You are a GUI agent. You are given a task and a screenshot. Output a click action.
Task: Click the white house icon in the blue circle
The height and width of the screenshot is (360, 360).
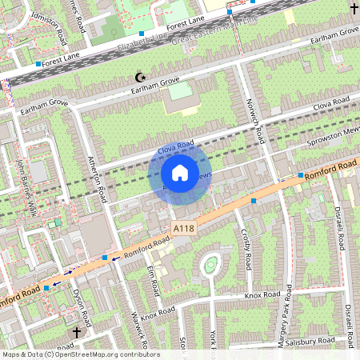[x=180, y=172]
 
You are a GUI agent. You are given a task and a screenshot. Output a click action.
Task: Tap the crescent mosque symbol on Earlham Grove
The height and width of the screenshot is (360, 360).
[x=142, y=78]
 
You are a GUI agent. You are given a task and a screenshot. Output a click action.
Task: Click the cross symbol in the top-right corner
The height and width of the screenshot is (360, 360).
[x=353, y=8]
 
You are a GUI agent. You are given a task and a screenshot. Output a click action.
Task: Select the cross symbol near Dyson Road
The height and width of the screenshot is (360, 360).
[x=78, y=331]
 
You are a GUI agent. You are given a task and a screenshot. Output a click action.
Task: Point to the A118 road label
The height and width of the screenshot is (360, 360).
[x=184, y=229]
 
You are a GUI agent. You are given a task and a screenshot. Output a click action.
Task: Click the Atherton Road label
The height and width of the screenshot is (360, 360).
[x=99, y=176]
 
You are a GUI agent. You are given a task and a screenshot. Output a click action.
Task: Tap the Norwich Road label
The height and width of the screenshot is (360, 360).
[x=255, y=121]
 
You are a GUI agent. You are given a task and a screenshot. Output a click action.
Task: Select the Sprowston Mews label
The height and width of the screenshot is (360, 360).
[x=334, y=138]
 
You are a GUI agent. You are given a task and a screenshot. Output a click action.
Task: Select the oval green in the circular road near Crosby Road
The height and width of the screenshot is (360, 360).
[x=210, y=265]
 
